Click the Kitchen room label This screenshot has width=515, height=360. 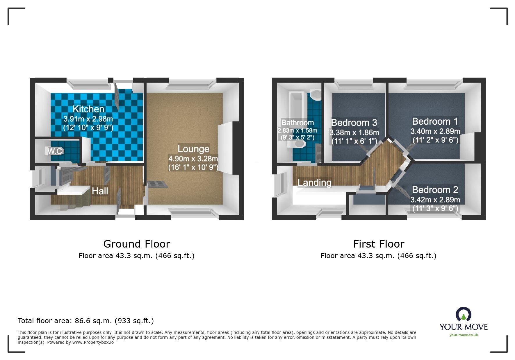[88, 109]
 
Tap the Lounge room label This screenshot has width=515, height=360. [193, 149]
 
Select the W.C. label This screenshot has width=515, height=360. [55, 151]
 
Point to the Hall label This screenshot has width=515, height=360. [100, 191]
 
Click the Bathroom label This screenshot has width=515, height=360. [297, 123]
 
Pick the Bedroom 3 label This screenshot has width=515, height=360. [354, 123]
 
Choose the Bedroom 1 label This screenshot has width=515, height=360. [435, 121]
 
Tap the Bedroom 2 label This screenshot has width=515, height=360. [435, 190]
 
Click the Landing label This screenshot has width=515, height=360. [314, 182]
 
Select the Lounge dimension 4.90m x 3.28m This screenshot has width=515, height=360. [193, 159]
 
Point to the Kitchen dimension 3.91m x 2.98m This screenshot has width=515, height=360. [88, 119]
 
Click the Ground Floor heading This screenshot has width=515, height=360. [136, 244]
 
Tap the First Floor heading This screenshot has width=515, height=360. [378, 244]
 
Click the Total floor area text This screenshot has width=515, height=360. [85, 321]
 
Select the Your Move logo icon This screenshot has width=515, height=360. [463, 315]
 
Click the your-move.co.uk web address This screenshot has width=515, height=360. [464, 335]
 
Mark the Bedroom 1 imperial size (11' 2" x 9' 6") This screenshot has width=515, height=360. [435, 140]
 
